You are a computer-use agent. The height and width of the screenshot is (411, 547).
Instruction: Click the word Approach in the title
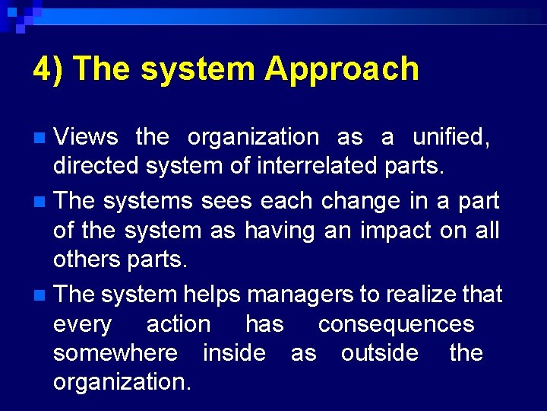[x=342, y=69]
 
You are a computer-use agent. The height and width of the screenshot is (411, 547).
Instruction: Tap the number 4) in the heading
[x=48, y=69]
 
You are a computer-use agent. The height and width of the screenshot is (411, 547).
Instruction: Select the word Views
[x=86, y=137]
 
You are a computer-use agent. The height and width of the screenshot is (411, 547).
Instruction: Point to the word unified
[x=451, y=137]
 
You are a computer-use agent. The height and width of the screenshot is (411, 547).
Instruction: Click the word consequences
[x=396, y=324]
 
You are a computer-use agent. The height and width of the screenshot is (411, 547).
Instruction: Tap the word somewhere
[x=115, y=353]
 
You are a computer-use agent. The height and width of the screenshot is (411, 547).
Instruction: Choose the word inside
[x=234, y=353]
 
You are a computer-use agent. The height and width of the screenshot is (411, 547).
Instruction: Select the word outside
[x=379, y=353]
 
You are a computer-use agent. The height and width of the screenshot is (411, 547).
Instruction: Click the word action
[x=179, y=324]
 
